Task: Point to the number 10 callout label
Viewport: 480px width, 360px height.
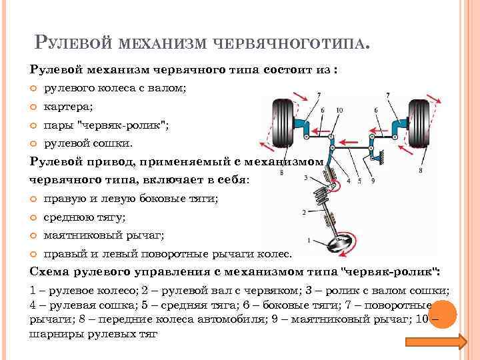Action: pos(339,110)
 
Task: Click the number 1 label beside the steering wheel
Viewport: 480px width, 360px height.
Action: pos(308,239)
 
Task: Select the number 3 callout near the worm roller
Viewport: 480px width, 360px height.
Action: pos(305,178)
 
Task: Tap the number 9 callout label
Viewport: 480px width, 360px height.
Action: pos(372,181)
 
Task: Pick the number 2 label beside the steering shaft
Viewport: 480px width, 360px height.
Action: pos(304,213)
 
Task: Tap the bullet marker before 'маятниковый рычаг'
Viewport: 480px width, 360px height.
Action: pos(34,235)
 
